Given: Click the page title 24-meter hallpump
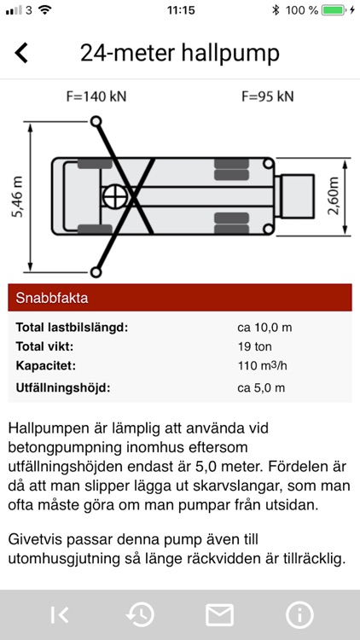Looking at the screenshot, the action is click(x=180, y=52).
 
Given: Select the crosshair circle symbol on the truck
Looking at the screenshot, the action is click(x=113, y=197).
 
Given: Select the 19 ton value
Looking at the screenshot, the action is click(x=256, y=346).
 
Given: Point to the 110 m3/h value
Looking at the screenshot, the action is click(x=264, y=366).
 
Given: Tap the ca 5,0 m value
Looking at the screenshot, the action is click(x=262, y=388).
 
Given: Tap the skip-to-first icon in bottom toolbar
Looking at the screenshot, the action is click(x=60, y=615).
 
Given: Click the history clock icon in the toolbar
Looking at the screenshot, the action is click(x=140, y=615).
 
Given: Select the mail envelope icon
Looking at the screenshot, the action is click(x=219, y=615).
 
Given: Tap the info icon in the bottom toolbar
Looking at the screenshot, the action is click(x=299, y=615).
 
